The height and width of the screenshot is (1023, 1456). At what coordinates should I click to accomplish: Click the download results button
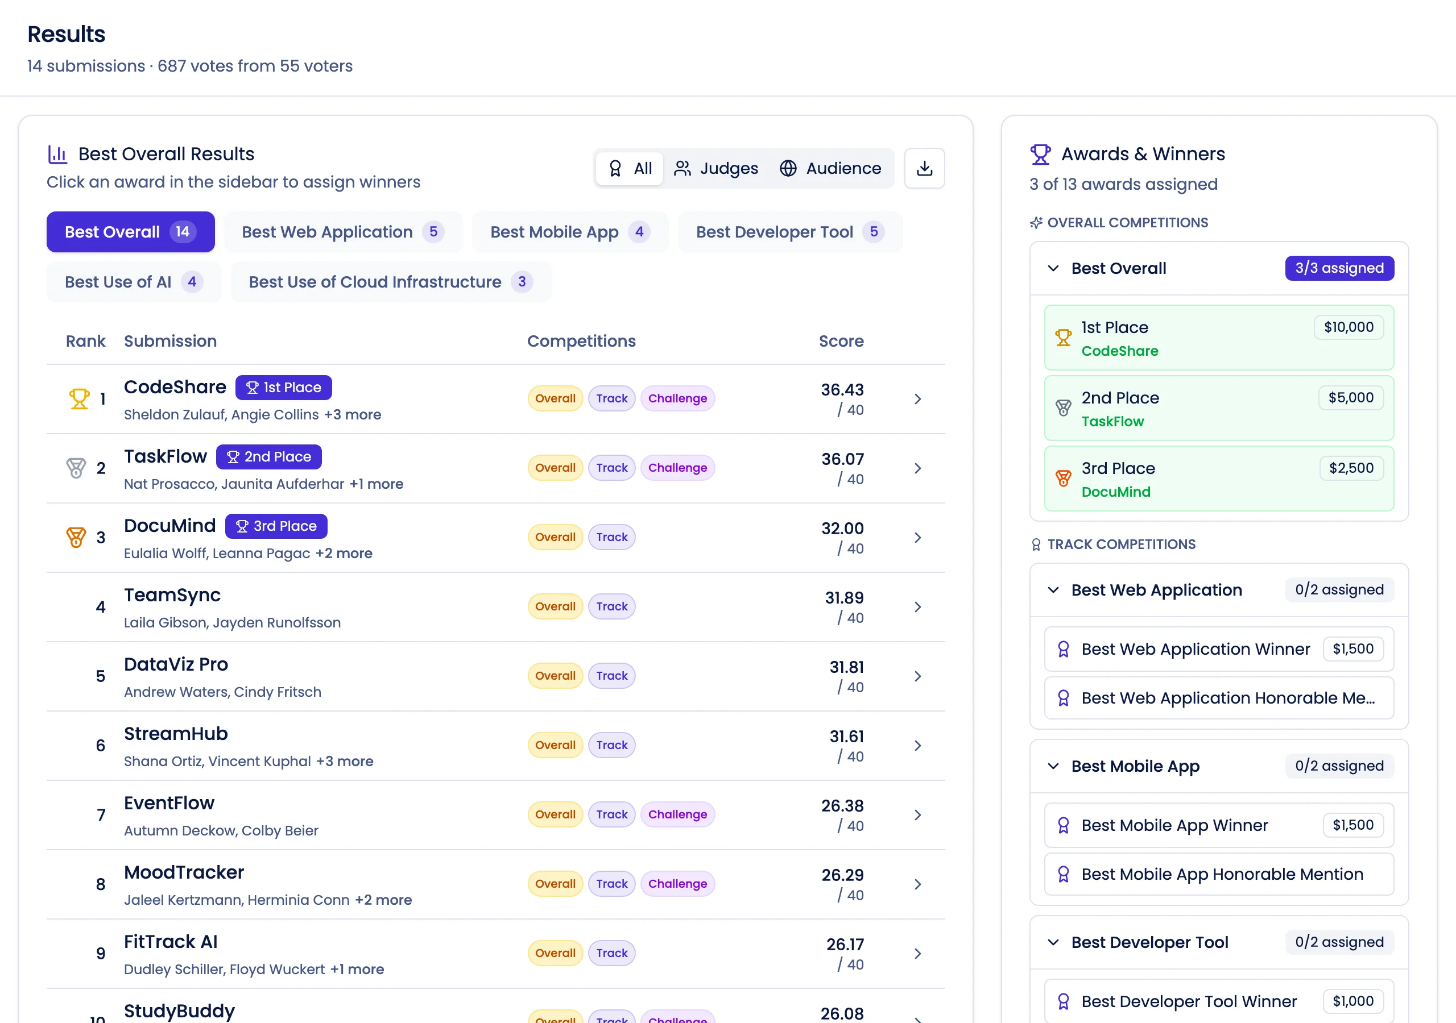924,168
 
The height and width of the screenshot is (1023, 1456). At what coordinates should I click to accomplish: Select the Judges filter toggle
717,168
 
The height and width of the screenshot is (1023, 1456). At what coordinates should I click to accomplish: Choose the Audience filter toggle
830,168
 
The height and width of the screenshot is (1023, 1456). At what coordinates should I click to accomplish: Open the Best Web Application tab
342,232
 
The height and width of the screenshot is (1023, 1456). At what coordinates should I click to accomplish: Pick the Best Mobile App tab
569,232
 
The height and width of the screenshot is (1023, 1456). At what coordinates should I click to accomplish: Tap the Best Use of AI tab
133,282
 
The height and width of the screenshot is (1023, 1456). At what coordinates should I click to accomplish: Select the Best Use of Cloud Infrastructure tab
390,282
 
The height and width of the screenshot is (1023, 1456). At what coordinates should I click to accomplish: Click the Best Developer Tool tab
789,232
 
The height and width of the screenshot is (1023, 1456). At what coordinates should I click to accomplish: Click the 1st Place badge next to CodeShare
283,387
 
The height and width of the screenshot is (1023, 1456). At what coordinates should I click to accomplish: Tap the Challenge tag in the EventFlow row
677,814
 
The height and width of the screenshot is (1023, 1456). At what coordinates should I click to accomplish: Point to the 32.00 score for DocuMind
842,529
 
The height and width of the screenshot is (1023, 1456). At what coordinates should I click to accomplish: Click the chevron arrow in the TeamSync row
917,607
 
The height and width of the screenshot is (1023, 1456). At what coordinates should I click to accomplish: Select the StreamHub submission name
176,734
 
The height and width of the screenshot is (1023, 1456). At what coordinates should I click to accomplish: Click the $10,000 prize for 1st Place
1348,327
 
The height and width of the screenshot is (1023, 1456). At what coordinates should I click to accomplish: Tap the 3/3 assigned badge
1339,268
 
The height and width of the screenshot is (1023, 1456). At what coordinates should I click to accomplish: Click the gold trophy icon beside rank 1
79,398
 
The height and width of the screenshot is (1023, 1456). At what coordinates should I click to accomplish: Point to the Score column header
841,341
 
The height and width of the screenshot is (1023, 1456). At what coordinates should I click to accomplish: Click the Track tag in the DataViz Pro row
611,676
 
